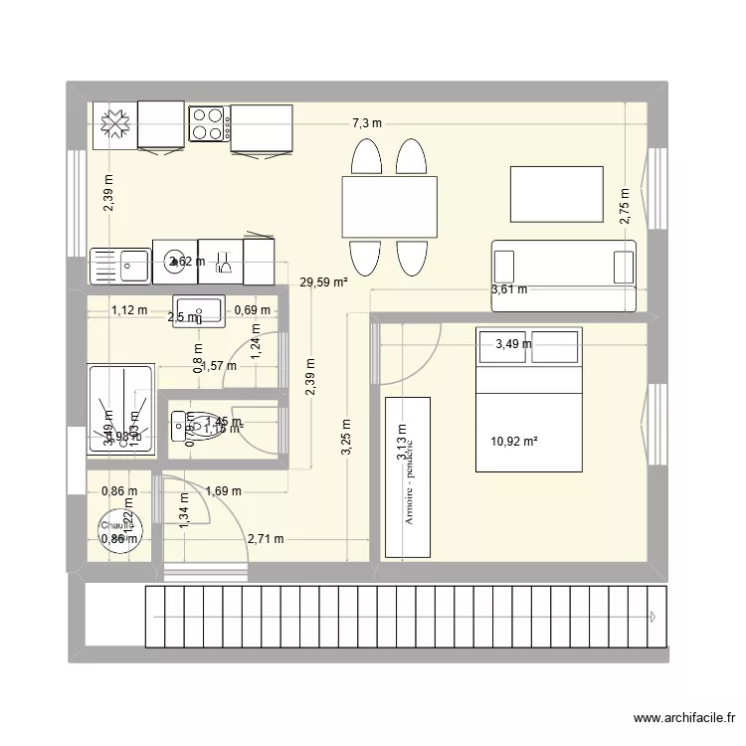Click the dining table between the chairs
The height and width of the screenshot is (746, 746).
389,207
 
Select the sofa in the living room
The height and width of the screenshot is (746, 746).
563,263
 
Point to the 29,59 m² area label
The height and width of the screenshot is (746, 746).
322,282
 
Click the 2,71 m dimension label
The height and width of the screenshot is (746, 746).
265,539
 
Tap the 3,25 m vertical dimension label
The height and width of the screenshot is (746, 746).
346,436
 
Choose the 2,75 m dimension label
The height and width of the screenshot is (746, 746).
624,207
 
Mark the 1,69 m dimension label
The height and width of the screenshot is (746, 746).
223,490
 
